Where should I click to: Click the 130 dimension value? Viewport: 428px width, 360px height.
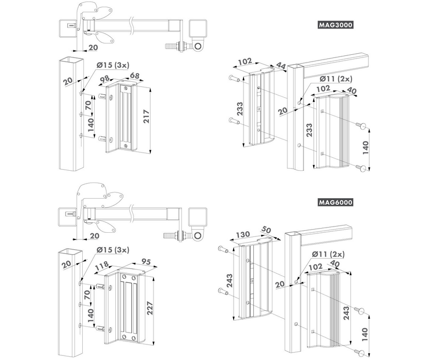(x=242, y=234)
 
